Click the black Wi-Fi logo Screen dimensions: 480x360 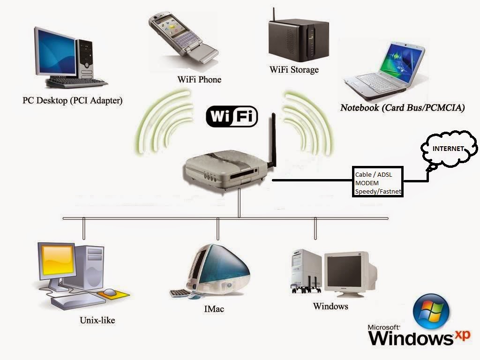point(232,116)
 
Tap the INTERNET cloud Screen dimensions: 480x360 point(449,150)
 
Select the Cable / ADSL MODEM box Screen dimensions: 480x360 point(378,182)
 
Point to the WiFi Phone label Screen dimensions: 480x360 point(199,80)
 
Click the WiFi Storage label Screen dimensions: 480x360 point(294,70)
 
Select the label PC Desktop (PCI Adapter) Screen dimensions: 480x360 point(73,100)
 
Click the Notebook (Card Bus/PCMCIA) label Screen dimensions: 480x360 point(403,108)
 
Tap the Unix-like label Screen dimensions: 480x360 point(97,320)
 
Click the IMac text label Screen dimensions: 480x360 point(214,309)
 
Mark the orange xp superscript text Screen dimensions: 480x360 point(463,335)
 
